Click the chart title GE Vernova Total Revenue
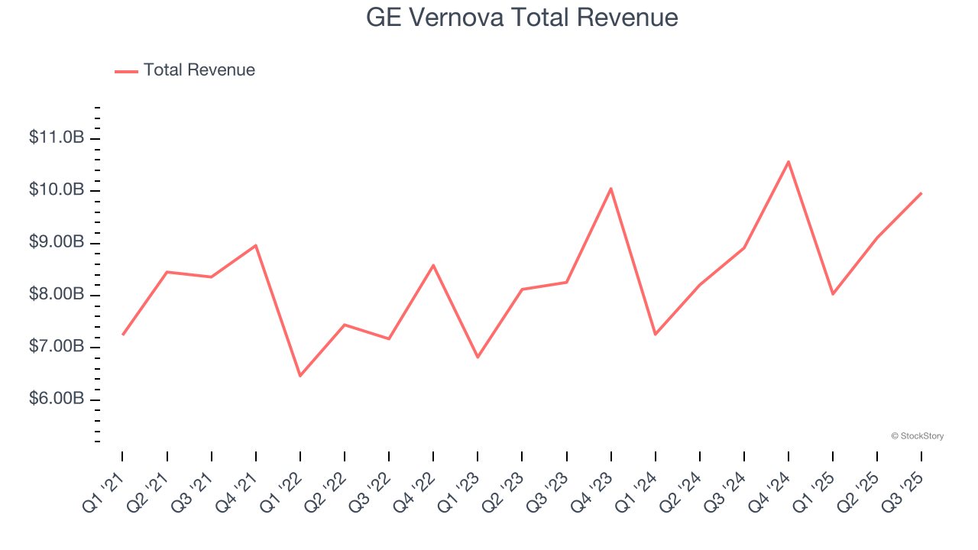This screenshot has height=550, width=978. tap(522, 17)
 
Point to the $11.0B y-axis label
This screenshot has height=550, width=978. tap(56, 138)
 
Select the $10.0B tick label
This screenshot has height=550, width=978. tap(56, 190)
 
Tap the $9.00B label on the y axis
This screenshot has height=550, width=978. tap(56, 243)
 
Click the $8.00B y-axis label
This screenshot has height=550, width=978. tap(56, 295)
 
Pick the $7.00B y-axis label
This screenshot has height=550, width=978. tap(56, 348)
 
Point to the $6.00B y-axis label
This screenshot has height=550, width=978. tap(56, 400)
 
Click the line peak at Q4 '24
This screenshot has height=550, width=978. tap(788, 161)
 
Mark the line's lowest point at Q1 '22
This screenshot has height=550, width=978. tap(300, 376)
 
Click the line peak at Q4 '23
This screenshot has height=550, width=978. tap(610, 188)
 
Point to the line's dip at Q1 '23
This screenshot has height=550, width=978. tap(478, 357)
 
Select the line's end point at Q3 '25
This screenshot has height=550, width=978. tap(921, 193)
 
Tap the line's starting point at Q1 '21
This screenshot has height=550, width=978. tap(122, 335)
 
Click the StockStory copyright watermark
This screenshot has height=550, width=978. tap(917, 436)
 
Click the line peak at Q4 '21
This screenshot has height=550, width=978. tap(255, 245)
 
